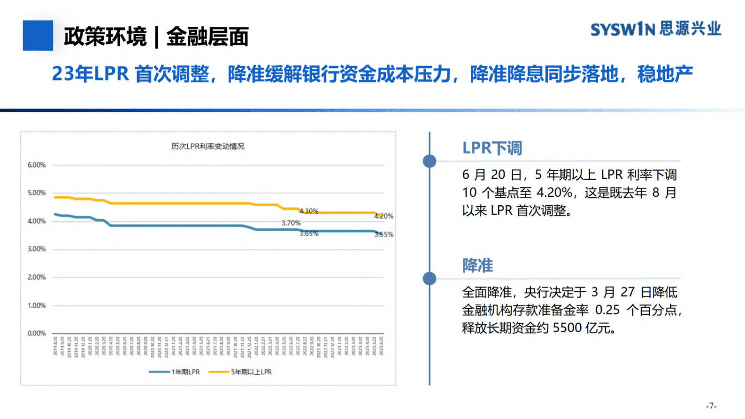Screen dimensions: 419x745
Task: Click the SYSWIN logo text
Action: (622, 30)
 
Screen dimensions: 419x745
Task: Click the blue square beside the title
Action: (38, 35)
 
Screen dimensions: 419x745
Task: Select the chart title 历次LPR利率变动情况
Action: (207, 146)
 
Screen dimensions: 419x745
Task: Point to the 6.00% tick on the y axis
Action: (37, 165)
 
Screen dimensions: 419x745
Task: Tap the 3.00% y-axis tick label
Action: (37, 249)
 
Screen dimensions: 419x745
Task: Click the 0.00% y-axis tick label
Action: (37, 333)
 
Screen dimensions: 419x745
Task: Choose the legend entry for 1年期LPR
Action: (175, 372)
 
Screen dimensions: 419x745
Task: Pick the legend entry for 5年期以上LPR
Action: (240, 372)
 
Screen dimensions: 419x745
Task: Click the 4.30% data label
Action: (309, 211)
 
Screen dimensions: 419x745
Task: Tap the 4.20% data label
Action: (384, 216)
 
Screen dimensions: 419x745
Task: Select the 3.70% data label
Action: (291, 223)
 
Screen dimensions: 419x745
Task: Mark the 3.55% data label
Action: (384, 234)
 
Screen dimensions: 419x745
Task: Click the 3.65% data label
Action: (309, 233)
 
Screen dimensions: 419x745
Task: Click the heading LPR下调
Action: (492, 148)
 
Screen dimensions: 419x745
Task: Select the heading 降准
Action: (477, 265)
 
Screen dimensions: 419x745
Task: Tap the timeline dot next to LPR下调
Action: (430, 161)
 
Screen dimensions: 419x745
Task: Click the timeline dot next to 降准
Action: (430, 279)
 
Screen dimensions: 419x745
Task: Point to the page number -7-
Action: (711, 406)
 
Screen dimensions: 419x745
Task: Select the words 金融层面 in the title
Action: (207, 36)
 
